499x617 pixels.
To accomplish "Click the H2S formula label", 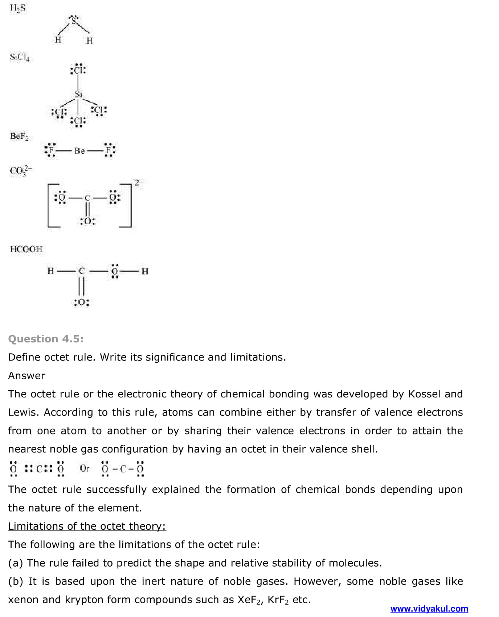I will click(17, 8).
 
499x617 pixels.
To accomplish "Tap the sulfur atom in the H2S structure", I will click(74, 21).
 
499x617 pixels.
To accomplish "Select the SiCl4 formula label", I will click(20, 57).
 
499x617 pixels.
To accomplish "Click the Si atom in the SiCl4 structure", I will click(78, 94).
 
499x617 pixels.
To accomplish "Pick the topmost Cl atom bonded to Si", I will click(78, 70).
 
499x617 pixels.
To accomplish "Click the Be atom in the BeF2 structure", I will click(79, 151).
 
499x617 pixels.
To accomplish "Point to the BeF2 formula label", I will click(19, 137).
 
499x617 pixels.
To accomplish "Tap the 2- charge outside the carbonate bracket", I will click(139, 183).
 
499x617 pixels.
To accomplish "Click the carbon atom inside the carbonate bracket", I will click(87, 198).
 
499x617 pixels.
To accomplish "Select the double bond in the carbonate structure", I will click(87, 209).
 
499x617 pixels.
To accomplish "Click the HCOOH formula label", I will click(26, 249).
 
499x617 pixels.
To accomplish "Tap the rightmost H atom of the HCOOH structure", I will click(145, 271).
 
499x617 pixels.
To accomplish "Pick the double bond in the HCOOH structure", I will click(81, 286).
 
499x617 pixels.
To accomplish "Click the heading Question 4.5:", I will click(46, 339).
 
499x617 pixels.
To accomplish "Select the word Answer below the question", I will click(26, 376).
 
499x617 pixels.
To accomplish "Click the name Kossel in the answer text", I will click(423, 394).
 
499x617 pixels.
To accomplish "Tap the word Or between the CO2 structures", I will click(84, 468).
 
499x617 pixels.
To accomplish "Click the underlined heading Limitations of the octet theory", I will click(87, 526).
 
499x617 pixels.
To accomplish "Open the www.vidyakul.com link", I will click(429, 609).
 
